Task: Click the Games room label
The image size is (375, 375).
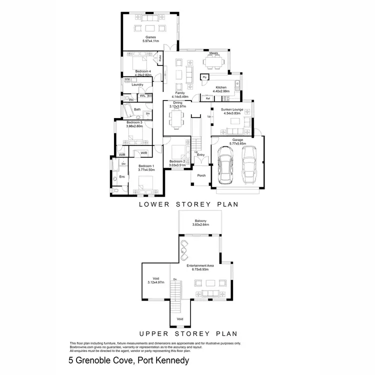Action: click(150, 37)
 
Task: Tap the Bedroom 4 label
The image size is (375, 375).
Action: click(136, 71)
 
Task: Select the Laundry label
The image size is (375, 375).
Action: click(137, 85)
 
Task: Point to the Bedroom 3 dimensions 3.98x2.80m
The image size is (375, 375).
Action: click(134, 126)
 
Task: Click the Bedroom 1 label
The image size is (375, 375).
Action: click(146, 165)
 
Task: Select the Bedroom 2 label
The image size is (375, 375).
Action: click(177, 161)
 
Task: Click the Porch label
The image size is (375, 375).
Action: click(201, 175)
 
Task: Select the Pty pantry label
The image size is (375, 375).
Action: click(204, 77)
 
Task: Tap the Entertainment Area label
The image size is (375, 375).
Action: click(200, 265)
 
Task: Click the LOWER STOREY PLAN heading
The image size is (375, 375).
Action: click(187, 204)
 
